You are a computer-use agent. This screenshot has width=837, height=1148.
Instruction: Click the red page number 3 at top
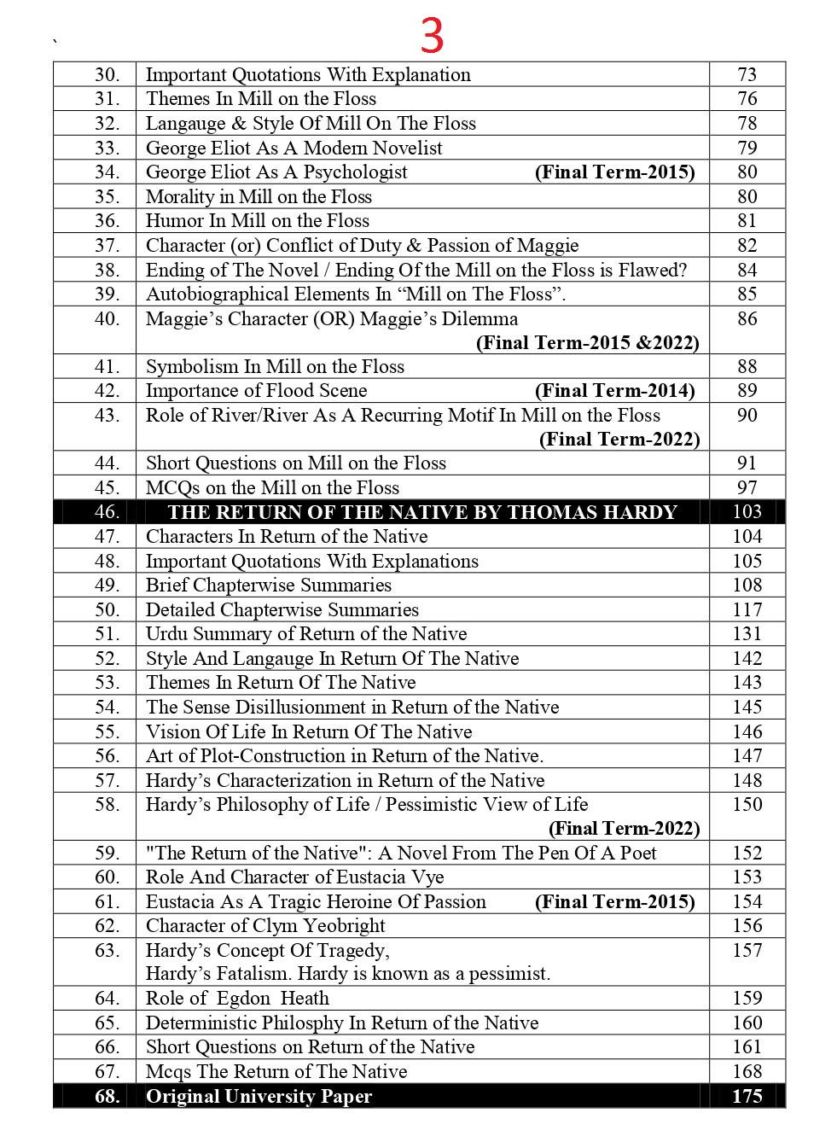pyautogui.click(x=432, y=37)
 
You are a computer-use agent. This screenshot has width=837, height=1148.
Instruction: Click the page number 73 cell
pyautogui.click(x=747, y=75)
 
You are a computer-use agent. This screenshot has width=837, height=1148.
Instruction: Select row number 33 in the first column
pyautogui.click(x=107, y=149)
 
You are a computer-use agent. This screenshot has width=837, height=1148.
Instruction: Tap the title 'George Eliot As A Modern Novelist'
pyautogui.click(x=294, y=149)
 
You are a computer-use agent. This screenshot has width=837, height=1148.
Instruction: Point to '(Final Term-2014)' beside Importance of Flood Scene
pyautogui.click(x=614, y=391)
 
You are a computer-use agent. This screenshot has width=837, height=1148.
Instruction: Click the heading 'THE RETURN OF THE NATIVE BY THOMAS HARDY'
pyautogui.click(x=421, y=512)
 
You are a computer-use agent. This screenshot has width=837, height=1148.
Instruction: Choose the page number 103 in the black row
pyautogui.click(x=747, y=512)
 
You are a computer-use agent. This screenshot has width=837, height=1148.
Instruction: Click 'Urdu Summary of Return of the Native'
pyautogui.click(x=306, y=634)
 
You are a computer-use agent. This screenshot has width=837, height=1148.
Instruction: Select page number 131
pyautogui.click(x=747, y=634)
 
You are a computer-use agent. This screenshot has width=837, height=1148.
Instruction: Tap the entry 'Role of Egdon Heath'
pyautogui.click(x=237, y=999)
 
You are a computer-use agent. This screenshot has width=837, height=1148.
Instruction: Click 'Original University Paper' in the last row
pyautogui.click(x=259, y=1097)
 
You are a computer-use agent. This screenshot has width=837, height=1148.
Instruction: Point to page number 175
pyautogui.click(x=747, y=1097)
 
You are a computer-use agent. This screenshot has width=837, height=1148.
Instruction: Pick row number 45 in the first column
pyautogui.click(x=107, y=488)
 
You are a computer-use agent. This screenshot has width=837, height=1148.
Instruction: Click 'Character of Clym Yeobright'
pyautogui.click(x=265, y=926)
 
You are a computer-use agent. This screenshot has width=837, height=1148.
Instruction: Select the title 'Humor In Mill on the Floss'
pyautogui.click(x=258, y=221)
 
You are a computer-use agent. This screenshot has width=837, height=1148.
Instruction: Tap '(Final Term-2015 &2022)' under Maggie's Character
pyautogui.click(x=587, y=343)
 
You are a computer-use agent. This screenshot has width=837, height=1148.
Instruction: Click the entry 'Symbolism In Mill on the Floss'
pyautogui.click(x=275, y=367)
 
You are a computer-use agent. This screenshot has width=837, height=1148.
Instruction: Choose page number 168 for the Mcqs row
pyautogui.click(x=747, y=1072)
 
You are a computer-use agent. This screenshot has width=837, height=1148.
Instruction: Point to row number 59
pyautogui.click(x=107, y=854)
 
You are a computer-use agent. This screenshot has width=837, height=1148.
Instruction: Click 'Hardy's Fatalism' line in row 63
pyautogui.click(x=348, y=974)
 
